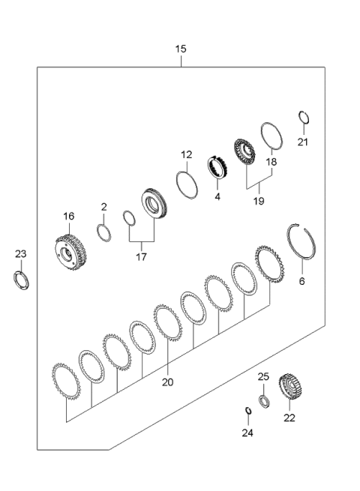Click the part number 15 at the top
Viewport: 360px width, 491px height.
pos(181,49)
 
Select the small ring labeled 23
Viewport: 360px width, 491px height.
pos(23,282)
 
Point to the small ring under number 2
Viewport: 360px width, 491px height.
pos(105,232)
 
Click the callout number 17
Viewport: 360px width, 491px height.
pos(141,256)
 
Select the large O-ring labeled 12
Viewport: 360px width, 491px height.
pos(187,184)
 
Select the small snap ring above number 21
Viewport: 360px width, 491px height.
pos(302,117)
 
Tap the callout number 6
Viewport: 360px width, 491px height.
pos(302,282)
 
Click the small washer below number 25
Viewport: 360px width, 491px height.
pos(263,400)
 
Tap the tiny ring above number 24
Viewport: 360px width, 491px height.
pos(247,409)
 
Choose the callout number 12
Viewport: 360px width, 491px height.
pos(186,155)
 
